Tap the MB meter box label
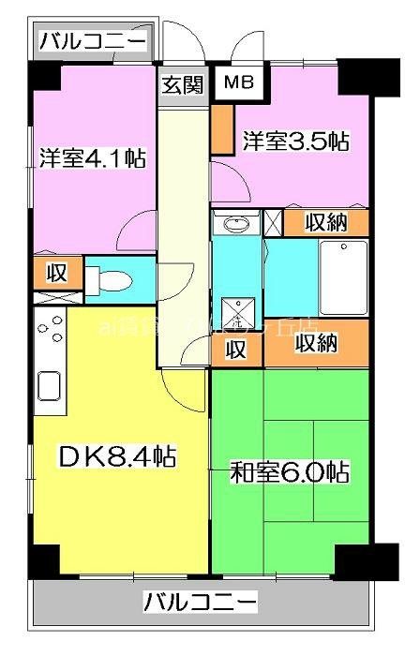(x=238, y=82)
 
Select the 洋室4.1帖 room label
(x=92, y=157)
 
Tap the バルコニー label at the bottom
(x=200, y=601)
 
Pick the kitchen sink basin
(x=48, y=385)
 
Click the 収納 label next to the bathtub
(x=327, y=222)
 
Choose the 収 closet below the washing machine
(x=236, y=350)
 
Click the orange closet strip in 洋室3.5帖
(x=221, y=128)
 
